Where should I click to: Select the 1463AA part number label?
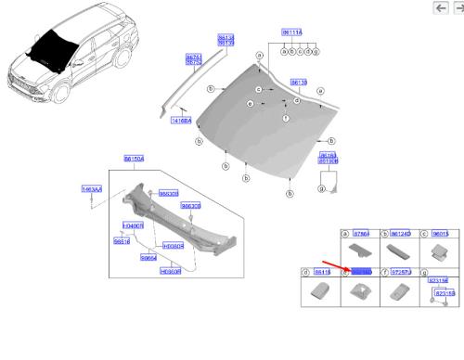(91, 189)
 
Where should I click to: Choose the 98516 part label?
(121, 241)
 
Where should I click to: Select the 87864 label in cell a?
(360, 235)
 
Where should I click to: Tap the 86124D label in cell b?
(400, 235)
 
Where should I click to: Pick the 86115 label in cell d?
(321, 272)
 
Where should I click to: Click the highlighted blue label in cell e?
(361, 272)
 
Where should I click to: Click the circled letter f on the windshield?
(285, 120)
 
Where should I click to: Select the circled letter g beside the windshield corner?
(320, 188)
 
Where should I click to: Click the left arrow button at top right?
(441, 7)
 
